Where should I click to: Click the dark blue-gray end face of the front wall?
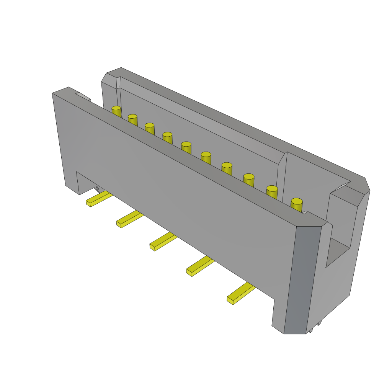coord(302,279)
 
